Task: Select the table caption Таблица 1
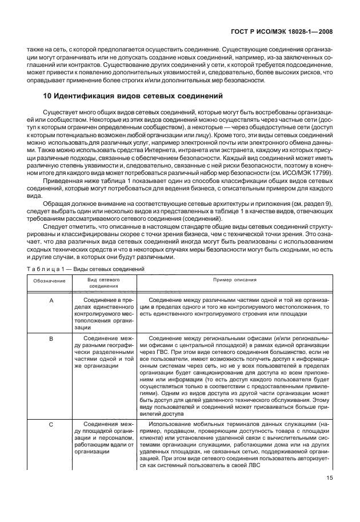click(x=48, y=268)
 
